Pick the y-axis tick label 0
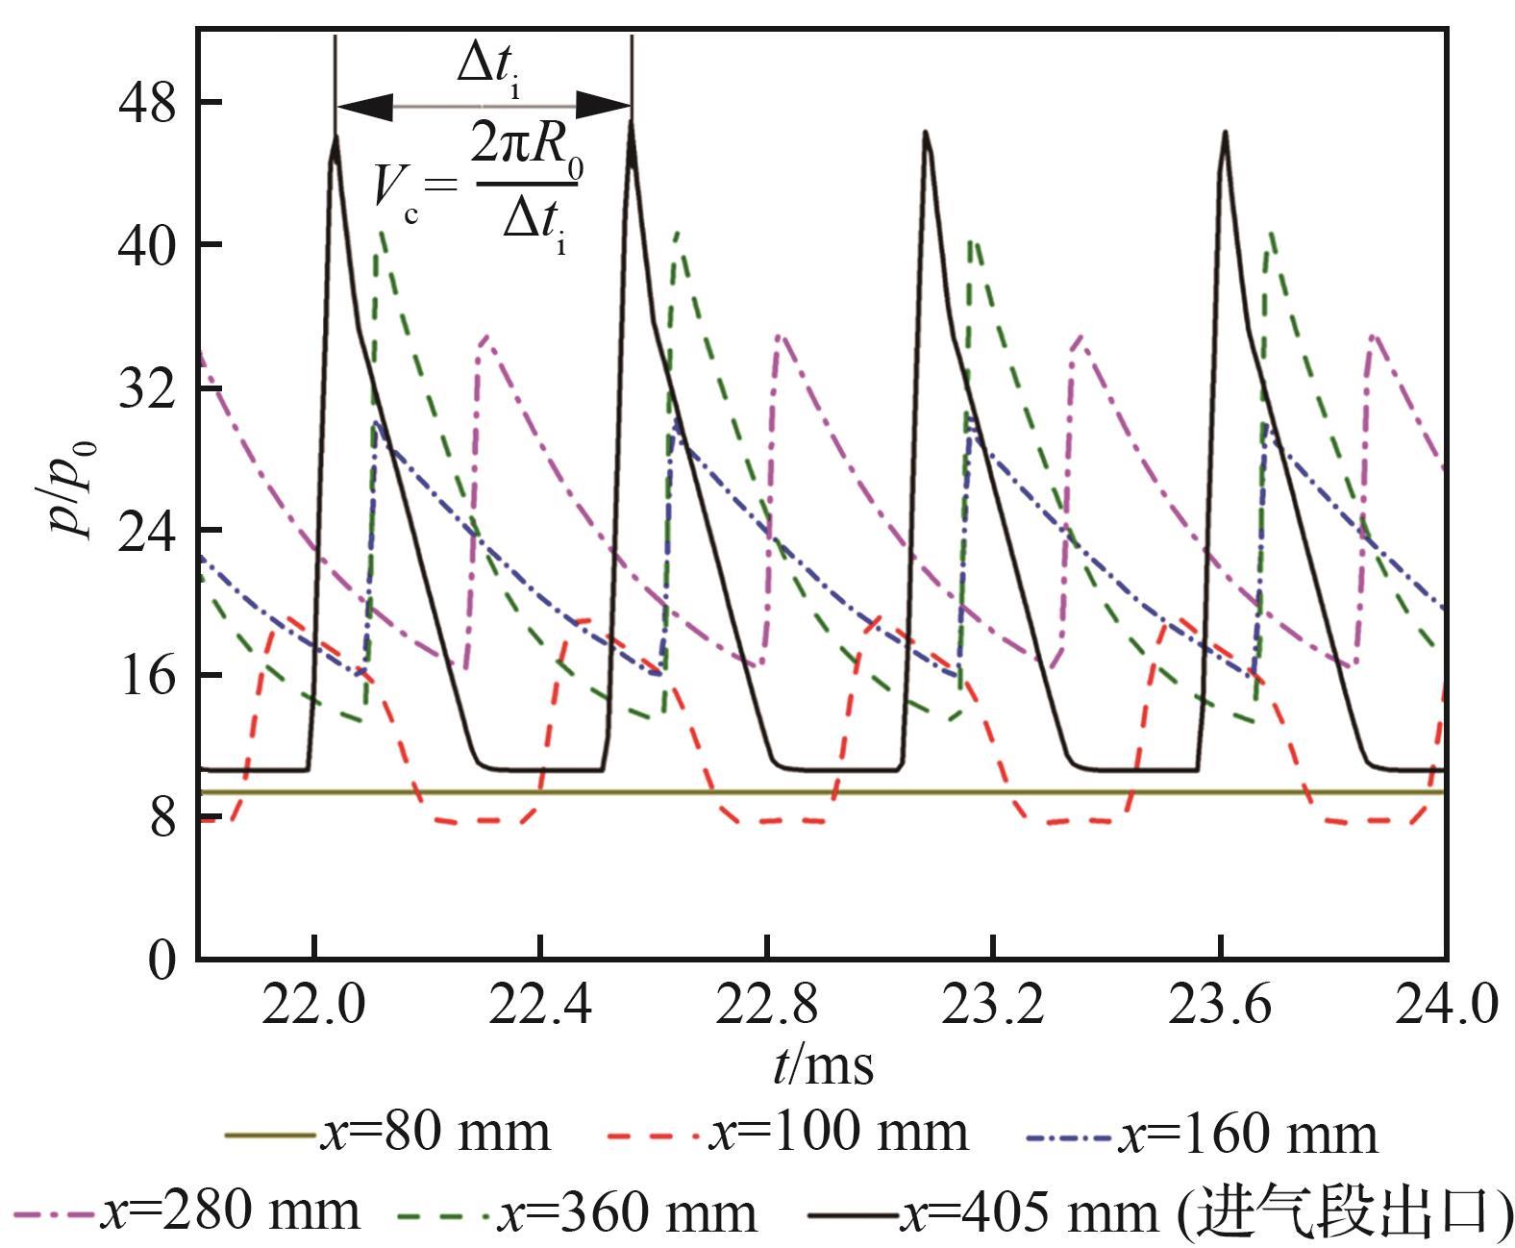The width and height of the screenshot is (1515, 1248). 163,960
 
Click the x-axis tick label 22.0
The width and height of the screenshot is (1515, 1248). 314,1005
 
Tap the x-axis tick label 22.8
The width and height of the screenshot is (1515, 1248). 767,1005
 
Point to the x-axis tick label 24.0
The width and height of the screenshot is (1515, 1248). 1445,1005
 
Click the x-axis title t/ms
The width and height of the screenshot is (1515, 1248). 823,1065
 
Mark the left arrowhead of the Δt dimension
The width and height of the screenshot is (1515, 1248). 365,107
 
